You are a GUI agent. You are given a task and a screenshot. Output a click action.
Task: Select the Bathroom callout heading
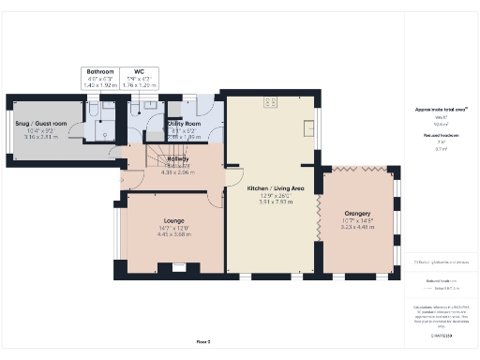(100, 71)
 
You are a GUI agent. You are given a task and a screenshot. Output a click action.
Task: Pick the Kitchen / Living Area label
(275, 188)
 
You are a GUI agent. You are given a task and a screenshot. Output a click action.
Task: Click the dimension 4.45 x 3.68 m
(169, 234)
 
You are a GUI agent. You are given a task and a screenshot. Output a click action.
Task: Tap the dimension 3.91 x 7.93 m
(275, 202)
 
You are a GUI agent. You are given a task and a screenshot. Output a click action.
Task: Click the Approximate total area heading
(441, 109)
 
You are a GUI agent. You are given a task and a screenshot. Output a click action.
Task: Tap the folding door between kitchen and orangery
(319, 221)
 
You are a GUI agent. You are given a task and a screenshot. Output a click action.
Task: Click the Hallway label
(177, 159)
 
